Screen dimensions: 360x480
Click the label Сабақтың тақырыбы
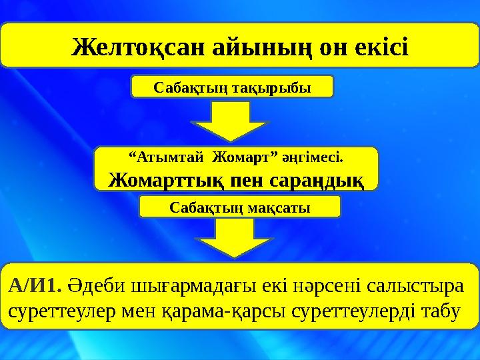231,87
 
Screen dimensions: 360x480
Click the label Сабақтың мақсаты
239,207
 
